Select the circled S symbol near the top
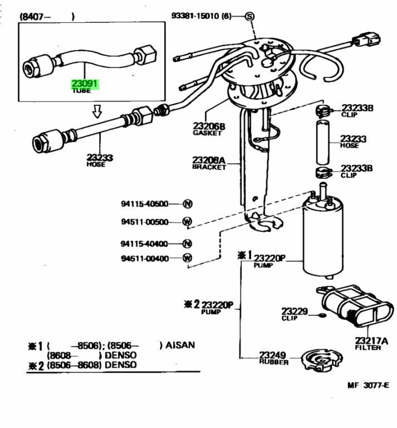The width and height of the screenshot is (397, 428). (x=249, y=17)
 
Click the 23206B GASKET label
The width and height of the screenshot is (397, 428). (x=209, y=129)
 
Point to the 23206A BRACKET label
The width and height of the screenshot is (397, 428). (x=209, y=163)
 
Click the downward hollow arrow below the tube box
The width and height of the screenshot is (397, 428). (x=97, y=112)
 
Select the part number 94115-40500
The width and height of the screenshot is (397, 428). (x=144, y=204)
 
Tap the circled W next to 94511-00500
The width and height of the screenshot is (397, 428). (x=187, y=222)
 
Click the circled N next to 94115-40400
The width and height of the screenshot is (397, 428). (x=187, y=244)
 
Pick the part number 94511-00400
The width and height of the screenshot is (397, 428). (x=144, y=258)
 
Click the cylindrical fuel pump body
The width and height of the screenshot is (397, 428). (x=323, y=240)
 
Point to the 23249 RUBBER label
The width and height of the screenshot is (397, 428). (x=273, y=358)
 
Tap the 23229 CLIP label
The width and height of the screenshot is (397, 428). (x=294, y=313)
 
